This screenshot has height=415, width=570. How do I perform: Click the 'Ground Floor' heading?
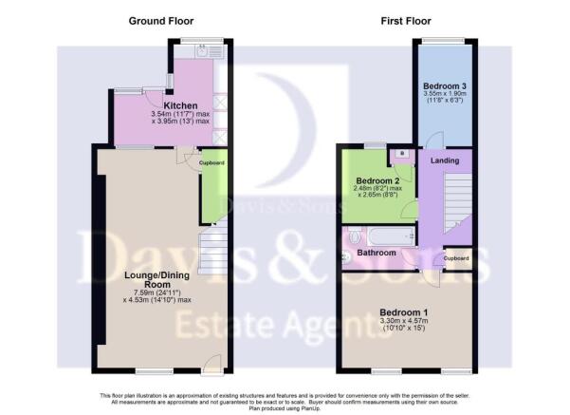coord(155,20)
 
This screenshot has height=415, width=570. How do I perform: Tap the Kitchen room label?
coord(180,104)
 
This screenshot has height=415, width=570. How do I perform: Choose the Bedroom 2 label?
coord(377,179)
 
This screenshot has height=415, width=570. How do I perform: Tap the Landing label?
coord(444,160)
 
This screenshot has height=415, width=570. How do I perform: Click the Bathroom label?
coord(377,253)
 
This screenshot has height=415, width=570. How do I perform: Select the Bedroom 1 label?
coord(404,311)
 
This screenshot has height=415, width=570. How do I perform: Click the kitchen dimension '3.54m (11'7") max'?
coord(180,114)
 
